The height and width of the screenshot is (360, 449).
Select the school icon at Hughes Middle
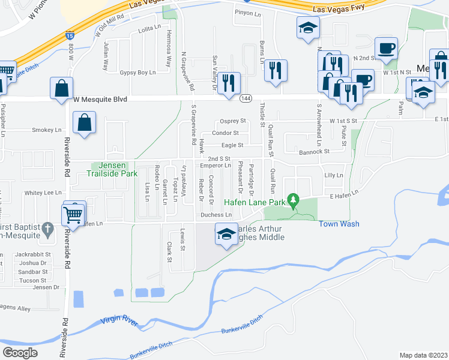click(x=226, y=233)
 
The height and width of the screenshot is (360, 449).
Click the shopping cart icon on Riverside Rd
click(x=73, y=213)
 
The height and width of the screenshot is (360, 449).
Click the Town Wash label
click(x=339, y=224)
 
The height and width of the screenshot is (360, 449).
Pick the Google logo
click(x=20, y=352)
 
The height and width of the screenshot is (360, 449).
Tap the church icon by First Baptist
click(x=50, y=229)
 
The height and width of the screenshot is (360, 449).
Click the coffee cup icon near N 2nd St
click(x=385, y=47)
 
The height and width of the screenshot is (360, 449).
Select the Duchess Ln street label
click(x=215, y=215)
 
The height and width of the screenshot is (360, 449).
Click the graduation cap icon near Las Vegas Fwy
click(x=308, y=27)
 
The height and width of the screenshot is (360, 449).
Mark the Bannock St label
click(x=314, y=152)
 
